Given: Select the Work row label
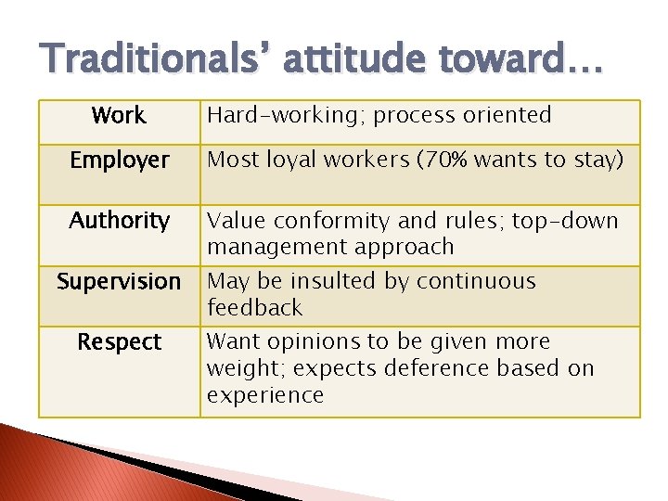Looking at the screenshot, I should point(119,116).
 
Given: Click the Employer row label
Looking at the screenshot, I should point(120,161).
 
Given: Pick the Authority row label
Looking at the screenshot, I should point(120,221).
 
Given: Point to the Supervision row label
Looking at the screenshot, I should point(119,281).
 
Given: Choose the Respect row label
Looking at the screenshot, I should point(120,342).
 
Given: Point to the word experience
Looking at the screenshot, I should point(265,395).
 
